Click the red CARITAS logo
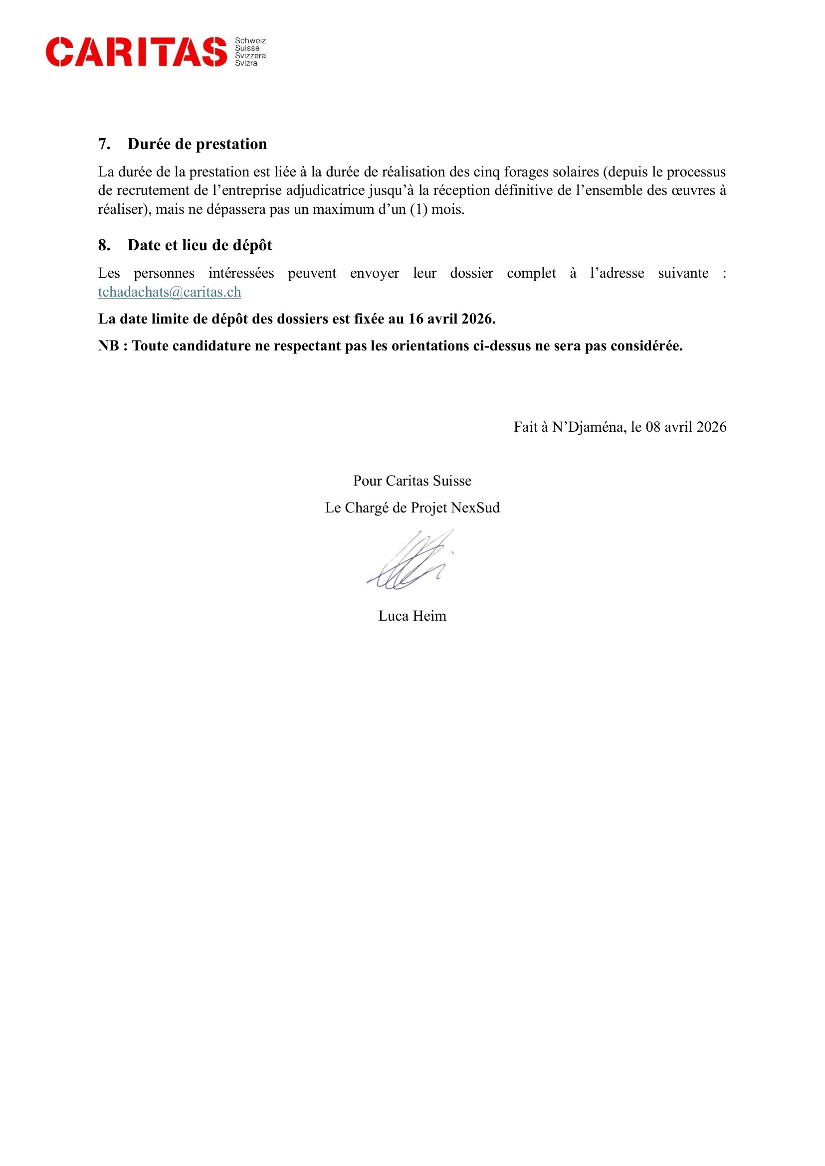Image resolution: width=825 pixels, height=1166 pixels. click(136, 52)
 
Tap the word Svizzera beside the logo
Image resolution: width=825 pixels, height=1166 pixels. click(250, 56)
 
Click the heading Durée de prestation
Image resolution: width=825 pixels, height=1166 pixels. click(197, 144)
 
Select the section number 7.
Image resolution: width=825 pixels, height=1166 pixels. click(104, 144)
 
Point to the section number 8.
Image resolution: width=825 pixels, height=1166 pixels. click(104, 245)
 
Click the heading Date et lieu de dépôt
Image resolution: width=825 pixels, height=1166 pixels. click(200, 245)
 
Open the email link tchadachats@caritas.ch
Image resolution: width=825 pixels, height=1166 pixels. click(169, 292)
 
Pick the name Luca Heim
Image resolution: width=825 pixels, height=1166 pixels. click(412, 616)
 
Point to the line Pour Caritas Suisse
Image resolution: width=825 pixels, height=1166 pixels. click(412, 481)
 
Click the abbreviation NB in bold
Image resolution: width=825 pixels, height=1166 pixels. click(108, 346)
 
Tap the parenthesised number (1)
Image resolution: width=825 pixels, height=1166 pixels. click(418, 209)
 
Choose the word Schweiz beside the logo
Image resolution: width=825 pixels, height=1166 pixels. click(250, 40)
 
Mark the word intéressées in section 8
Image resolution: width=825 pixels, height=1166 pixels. click(241, 273)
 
